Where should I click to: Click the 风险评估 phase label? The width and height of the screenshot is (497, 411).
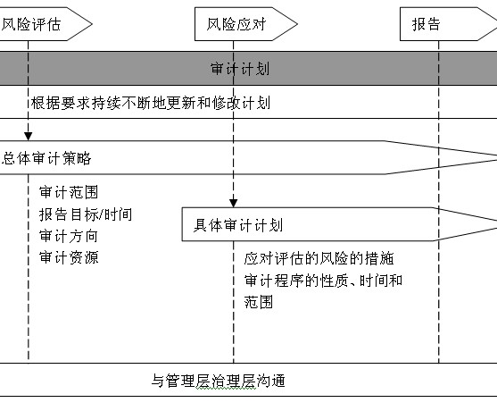31,24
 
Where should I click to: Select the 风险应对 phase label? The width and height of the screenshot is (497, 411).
236,24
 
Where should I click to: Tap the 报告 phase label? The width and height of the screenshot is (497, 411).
427,24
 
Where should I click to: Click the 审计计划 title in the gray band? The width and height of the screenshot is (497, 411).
240,69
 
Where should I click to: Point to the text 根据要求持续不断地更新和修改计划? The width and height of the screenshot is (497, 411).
151,103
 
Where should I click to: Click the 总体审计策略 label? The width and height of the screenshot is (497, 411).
46,158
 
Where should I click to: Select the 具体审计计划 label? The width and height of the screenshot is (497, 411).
238,225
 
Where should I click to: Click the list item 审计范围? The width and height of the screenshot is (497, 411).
69,192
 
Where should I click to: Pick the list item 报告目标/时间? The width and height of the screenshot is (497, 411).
86,214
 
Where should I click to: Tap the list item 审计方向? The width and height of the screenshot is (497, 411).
69,236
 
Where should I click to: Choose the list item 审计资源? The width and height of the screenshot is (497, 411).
69,257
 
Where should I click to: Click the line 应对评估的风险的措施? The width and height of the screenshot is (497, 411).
319,258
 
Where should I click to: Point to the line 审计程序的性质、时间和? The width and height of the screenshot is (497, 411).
323,281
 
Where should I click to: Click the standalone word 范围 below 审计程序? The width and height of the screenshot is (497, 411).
259,302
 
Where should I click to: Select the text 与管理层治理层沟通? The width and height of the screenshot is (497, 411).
218,381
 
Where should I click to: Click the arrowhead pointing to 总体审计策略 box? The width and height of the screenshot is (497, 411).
29,137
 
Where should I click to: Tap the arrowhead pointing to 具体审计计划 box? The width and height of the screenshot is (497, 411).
233,204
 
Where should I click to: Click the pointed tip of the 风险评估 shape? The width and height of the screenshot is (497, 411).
92,24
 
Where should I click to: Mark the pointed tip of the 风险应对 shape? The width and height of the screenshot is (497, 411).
297,24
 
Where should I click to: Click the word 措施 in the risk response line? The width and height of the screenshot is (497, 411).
379,258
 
